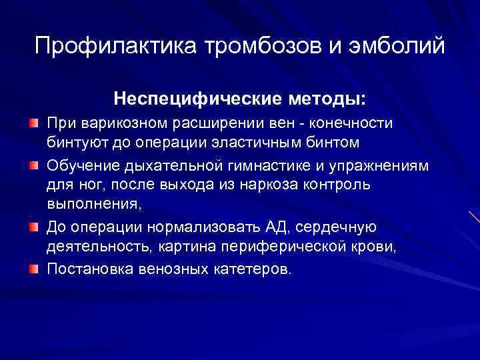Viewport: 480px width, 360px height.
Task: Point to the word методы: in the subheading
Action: [x=326, y=99]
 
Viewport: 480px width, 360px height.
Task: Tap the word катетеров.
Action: [x=243, y=269]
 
